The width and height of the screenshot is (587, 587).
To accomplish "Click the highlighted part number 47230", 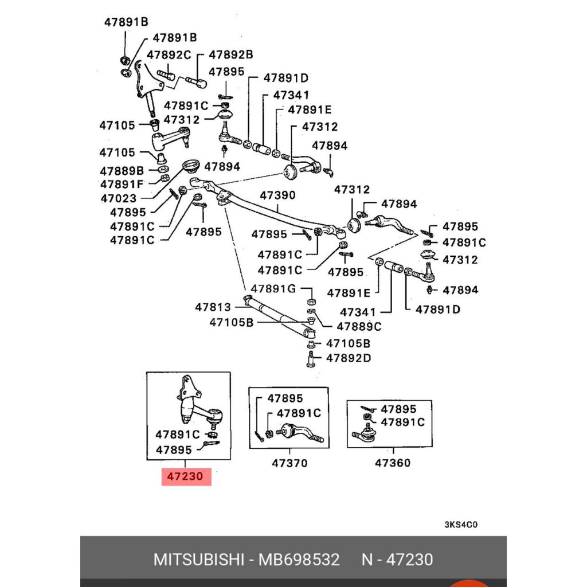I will pos(186,477).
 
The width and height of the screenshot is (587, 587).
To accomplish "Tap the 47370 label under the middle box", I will pos(289,463).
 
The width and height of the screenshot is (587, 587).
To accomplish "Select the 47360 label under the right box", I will pos(393,463).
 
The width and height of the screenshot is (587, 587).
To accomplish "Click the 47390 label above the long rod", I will pos(277,195).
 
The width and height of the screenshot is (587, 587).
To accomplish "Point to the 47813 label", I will pos(213,307).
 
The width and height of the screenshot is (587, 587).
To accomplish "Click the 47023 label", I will pos(118,198).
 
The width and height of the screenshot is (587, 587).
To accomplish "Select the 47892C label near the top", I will pos(169,55).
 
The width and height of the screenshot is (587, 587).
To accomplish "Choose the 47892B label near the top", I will pos(230,55).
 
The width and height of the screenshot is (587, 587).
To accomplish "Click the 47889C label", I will pos(359,327).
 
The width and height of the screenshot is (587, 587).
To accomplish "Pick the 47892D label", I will pos(349,358).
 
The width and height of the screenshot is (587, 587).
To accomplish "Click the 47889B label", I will pos(122,171).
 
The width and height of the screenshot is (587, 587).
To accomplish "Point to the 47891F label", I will pos(122,184).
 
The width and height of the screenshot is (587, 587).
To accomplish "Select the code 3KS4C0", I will pos(461,525).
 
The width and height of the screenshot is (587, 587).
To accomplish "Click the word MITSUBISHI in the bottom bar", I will pos(198,559).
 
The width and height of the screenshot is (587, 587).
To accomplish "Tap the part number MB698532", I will pos(299,559).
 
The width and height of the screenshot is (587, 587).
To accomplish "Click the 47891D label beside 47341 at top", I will pos(285,79).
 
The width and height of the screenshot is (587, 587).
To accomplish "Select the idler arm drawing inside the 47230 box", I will pos(195,404).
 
